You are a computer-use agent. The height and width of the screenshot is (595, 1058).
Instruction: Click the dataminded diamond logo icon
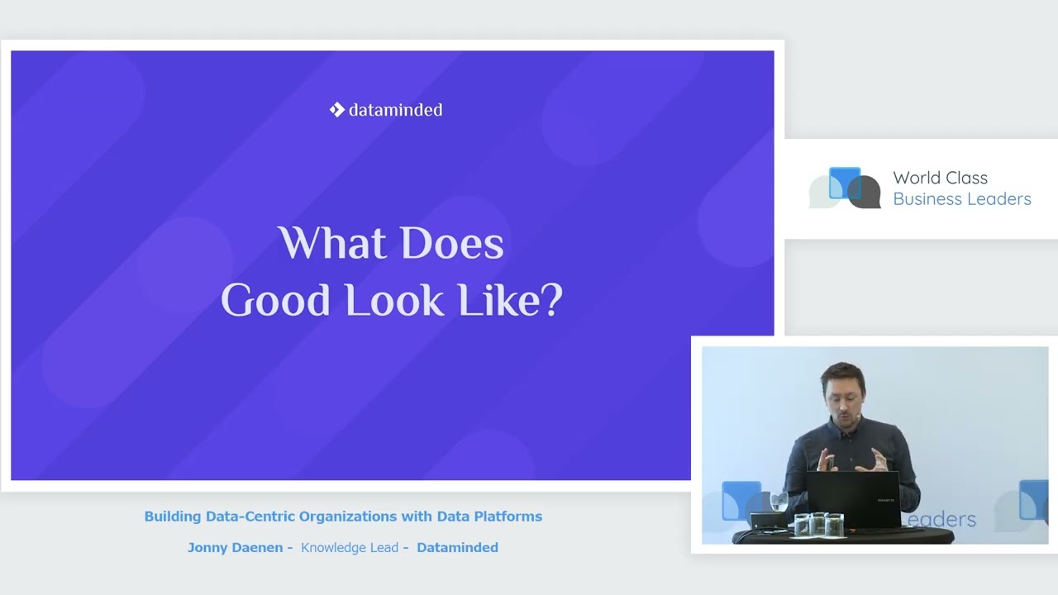click(x=336, y=110)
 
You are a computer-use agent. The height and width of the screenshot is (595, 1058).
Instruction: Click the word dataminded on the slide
click(x=395, y=110)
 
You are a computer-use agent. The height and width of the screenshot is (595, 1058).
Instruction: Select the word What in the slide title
click(x=331, y=242)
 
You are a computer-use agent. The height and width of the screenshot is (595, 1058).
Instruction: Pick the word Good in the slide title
click(x=275, y=300)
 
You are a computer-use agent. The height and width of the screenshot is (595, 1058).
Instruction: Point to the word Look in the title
click(x=394, y=300)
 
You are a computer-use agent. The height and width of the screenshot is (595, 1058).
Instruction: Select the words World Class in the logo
click(x=940, y=178)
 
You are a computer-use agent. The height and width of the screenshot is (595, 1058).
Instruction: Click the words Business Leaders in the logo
click(x=961, y=199)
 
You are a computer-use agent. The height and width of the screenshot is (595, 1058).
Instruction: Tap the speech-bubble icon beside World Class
click(x=845, y=188)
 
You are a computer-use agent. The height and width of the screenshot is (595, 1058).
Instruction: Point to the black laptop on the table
click(x=853, y=498)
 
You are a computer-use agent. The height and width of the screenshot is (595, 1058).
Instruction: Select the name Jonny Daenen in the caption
click(x=236, y=547)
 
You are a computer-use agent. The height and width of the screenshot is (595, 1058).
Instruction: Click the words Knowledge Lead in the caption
click(x=350, y=548)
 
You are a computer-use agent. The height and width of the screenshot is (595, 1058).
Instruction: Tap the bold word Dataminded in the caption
click(x=457, y=547)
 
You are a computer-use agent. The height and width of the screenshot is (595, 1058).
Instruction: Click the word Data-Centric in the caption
click(x=250, y=516)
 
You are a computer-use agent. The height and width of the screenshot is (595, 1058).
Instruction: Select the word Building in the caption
click(x=173, y=516)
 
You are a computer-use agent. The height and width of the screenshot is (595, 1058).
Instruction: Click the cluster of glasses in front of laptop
click(x=818, y=524)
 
